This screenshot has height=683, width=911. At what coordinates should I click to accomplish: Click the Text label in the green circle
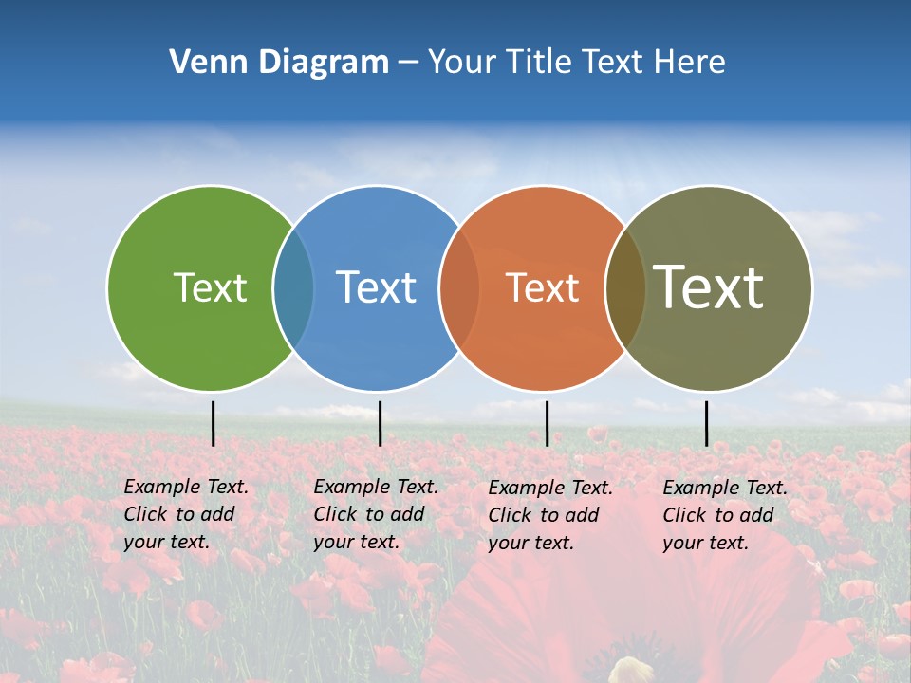(x=210, y=287)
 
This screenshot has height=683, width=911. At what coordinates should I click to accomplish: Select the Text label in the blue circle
(x=376, y=287)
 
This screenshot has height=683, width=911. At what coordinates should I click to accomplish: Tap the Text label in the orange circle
(x=542, y=287)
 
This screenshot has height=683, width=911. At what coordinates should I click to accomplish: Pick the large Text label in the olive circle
(x=709, y=286)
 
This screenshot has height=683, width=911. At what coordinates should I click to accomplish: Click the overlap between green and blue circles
(x=293, y=287)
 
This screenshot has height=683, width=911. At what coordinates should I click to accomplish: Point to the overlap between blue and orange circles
(x=459, y=287)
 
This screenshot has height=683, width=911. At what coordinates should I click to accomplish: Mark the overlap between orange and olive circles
(x=625, y=287)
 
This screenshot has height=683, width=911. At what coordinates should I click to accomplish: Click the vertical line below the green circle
(x=213, y=423)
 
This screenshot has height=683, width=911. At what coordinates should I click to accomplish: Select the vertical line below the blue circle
(x=380, y=423)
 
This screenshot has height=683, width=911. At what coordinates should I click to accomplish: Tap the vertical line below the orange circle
(x=547, y=423)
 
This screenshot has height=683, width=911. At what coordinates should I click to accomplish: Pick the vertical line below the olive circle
(x=706, y=423)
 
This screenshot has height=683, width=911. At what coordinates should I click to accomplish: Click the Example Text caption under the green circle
(x=185, y=514)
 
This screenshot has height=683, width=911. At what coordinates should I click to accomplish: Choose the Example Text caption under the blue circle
(x=375, y=514)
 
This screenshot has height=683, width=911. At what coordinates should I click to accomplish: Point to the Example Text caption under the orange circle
(x=549, y=515)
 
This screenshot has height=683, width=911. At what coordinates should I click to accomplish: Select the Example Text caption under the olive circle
(x=724, y=515)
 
